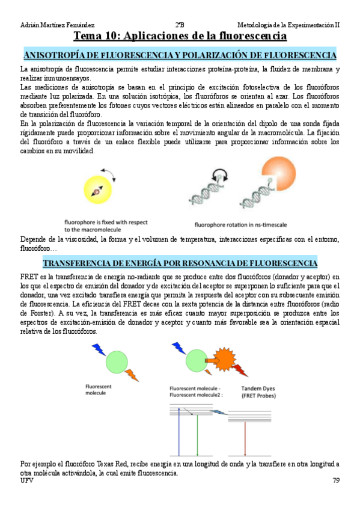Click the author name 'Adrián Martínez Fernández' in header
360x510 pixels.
(57, 25)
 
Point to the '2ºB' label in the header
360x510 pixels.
(180, 25)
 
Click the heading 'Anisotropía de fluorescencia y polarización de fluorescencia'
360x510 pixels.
(180, 55)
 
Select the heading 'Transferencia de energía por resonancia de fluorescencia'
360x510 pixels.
(180, 263)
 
